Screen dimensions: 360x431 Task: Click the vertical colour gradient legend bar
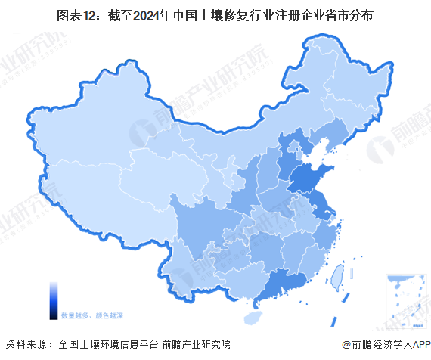54,301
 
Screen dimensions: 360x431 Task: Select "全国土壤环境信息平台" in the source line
106,343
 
